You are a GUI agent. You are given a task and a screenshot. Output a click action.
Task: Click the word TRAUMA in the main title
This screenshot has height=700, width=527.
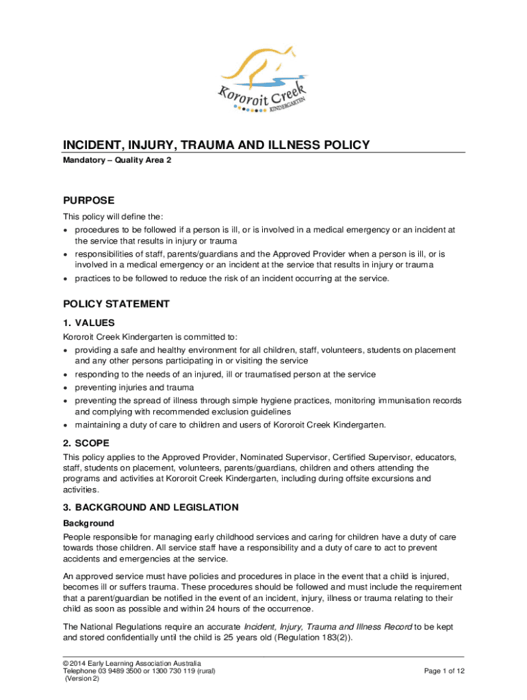click(x=182, y=145)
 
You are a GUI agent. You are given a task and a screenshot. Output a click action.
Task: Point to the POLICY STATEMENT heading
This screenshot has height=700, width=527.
click(x=116, y=304)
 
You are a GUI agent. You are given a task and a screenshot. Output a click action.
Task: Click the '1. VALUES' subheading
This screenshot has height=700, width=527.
click(x=89, y=323)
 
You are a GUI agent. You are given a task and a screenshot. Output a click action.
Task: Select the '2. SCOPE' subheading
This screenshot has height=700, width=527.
click(x=88, y=442)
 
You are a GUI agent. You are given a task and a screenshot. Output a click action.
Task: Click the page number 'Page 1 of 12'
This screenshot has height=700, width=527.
click(x=445, y=671)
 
